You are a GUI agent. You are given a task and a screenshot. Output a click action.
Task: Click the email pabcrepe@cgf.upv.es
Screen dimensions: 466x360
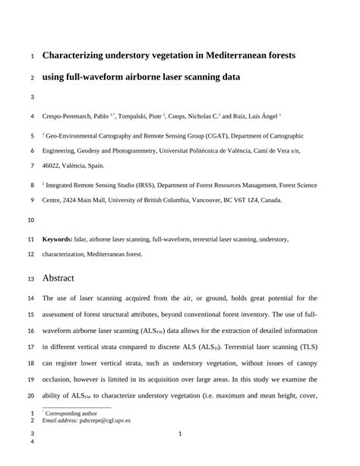tap(108, 419)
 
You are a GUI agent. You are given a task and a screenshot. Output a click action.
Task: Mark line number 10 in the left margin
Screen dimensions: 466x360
tap(31, 220)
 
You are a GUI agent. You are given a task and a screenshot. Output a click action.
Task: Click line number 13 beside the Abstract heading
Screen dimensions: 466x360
tap(31, 278)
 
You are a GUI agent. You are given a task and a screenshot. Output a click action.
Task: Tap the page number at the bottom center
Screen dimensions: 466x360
tap(179, 434)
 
